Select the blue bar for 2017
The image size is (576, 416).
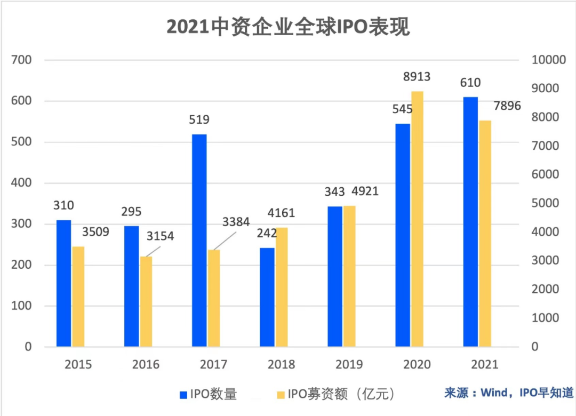coord(199,240)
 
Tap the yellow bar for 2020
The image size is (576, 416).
coord(417,219)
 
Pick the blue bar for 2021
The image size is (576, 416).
coord(470,222)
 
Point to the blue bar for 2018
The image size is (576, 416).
coord(267,297)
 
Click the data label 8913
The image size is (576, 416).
coord(417,77)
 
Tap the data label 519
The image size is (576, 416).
coord(199,119)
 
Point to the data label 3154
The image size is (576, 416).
coord(160,236)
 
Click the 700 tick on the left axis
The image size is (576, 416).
coord(22,60)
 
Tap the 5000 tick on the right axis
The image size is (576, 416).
coord(547,203)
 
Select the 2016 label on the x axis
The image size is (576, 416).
coord(146,365)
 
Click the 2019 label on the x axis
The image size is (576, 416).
coord(349,365)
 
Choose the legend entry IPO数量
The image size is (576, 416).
coord(208,395)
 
